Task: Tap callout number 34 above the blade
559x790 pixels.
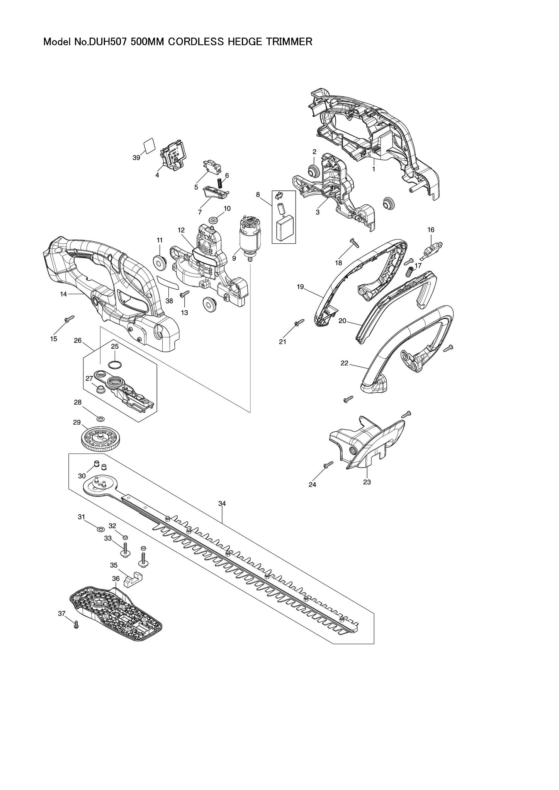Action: [x=222, y=503]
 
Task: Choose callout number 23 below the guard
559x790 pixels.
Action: [x=367, y=482]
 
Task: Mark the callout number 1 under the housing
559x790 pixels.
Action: [x=374, y=169]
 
